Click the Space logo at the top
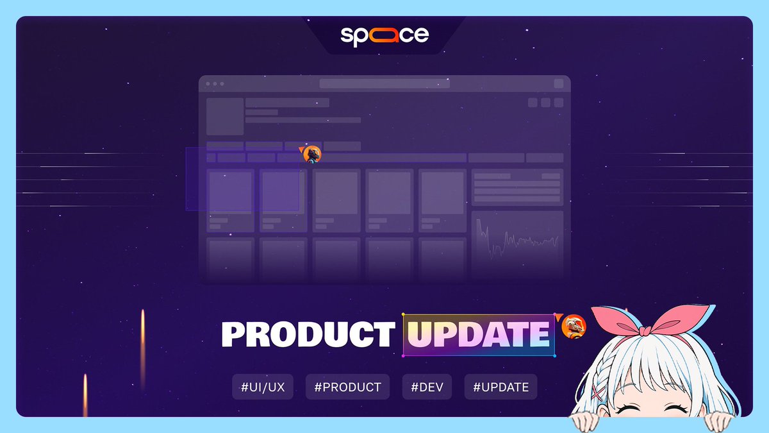pyautogui.click(x=384, y=35)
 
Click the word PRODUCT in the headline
pyautogui.click(x=308, y=334)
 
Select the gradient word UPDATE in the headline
pyautogui.click(x=478, y=334)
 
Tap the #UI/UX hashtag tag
pyautogui.click(x=263, y=387)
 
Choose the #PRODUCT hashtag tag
pyautogui.click(x=347, y=387)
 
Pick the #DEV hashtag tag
pyautogui.click(x=427, y=387)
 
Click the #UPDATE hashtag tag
pyautogui.click(x=500, y=387)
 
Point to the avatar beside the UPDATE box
pyautogui.click(x=573, y=327)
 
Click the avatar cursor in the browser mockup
pyautogui.click(x=312, y=154)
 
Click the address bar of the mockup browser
pyautogui.click(x=384, y=83)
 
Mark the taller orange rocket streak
pyautogui.click(x=142, y=346)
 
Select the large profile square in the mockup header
pyautogui.click(x=224, y=116)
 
